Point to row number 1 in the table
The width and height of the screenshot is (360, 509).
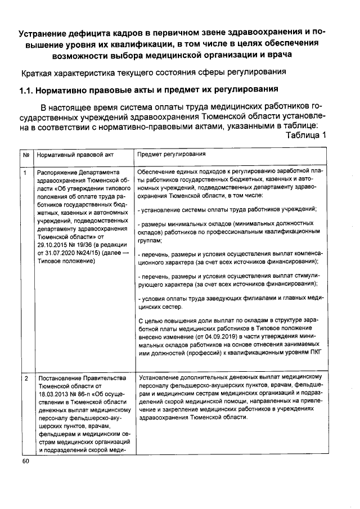click(25, 172)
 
